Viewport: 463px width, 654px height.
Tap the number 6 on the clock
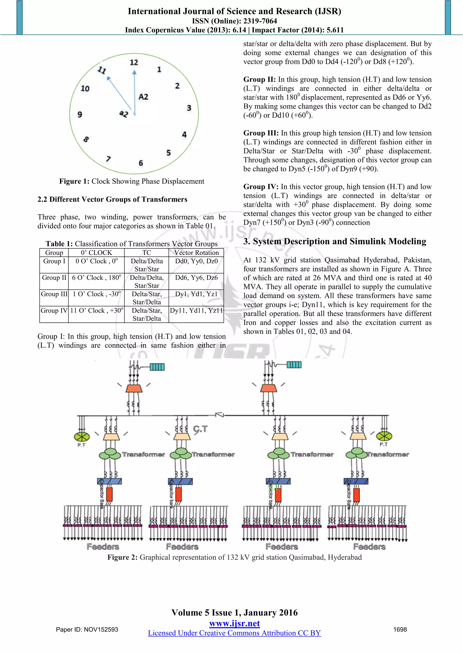[141, 163]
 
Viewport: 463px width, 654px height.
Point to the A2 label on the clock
[143, 97]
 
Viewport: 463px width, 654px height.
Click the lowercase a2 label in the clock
[124, 114]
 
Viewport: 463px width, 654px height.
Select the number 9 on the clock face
[80, 114]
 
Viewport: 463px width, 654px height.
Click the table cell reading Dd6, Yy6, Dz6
[196, 278]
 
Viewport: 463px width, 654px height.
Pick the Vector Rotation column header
[196, 253]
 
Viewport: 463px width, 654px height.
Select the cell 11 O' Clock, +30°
[96, 311]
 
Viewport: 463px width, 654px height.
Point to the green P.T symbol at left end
[82, 437]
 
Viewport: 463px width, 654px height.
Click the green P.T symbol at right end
[384, 436]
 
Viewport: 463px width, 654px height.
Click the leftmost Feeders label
[103, 547]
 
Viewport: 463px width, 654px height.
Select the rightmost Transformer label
[388, 455]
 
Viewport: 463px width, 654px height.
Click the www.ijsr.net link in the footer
[234, 624]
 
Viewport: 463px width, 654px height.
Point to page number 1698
[400, 630]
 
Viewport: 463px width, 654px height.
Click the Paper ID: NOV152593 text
[87, 630]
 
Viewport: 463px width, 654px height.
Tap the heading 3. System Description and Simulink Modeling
[335, 242]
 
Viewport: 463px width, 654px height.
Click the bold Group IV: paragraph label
[261, 187]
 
